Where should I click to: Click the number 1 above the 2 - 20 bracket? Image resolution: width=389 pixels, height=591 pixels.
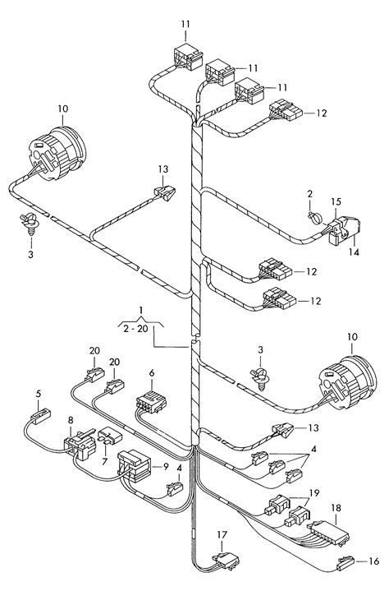coord(140,310)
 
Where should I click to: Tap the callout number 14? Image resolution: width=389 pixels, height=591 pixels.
coord(353,252)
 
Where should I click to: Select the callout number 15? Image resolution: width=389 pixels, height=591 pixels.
coord(336,201)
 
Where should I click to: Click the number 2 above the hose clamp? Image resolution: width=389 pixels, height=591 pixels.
coord(309,194)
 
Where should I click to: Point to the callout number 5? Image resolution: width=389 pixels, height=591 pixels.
coord(39,394)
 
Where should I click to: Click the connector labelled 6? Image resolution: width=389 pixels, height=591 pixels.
coord(151,402)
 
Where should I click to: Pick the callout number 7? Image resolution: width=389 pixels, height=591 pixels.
coord(104,461)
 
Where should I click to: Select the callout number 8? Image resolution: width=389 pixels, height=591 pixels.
coord(71,420)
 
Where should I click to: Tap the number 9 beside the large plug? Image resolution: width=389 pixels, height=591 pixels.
coord(166,467)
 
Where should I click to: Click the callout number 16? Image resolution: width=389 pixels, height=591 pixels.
coord(373,561)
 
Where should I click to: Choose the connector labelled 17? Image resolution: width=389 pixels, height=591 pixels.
coord(227,560)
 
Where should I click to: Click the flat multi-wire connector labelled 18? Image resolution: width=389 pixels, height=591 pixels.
coord(328,532)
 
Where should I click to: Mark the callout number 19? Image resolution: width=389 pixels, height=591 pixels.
coord(314,492)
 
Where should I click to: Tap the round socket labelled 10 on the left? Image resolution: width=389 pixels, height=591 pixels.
coord(57,152)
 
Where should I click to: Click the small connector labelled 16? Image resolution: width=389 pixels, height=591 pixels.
coord(346,563)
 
